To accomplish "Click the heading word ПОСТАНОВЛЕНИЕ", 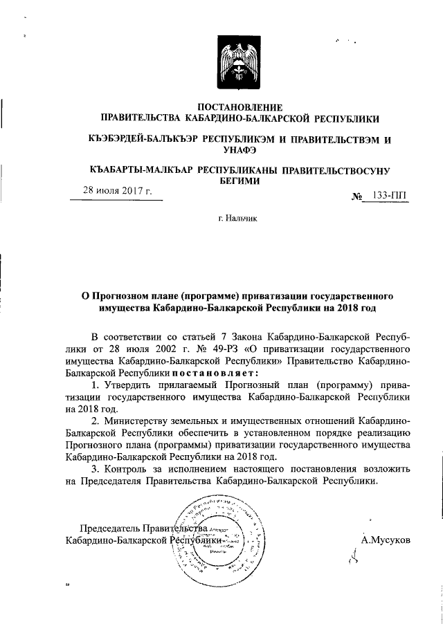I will click(240, 107).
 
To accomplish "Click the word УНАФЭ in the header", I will click(240, 151).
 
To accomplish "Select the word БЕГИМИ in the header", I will click(240, 181).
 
